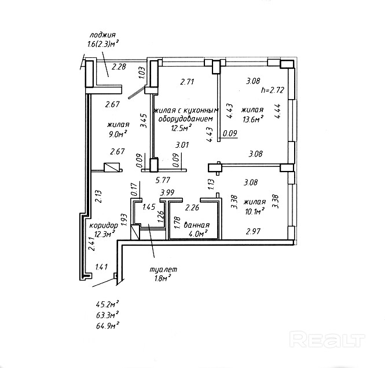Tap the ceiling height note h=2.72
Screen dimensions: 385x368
click(272, 90)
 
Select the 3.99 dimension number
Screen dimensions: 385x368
click(167, 193)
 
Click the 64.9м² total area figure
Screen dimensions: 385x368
click(108, 327)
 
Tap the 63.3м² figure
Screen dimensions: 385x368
click(108, 315)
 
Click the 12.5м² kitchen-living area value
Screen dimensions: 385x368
click(181, 129)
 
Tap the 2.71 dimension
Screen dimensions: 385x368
click(186, 82)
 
